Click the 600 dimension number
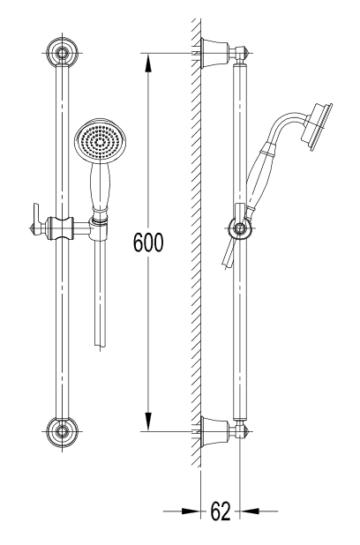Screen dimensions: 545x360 (147, 242)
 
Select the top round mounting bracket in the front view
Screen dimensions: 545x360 (61, 53)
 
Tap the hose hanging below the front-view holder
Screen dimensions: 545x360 (98, 291)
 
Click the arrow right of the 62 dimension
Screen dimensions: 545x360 (251, 510)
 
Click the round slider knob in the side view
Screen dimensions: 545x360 (237, 230)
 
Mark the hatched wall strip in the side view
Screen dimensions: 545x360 (195, 247)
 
